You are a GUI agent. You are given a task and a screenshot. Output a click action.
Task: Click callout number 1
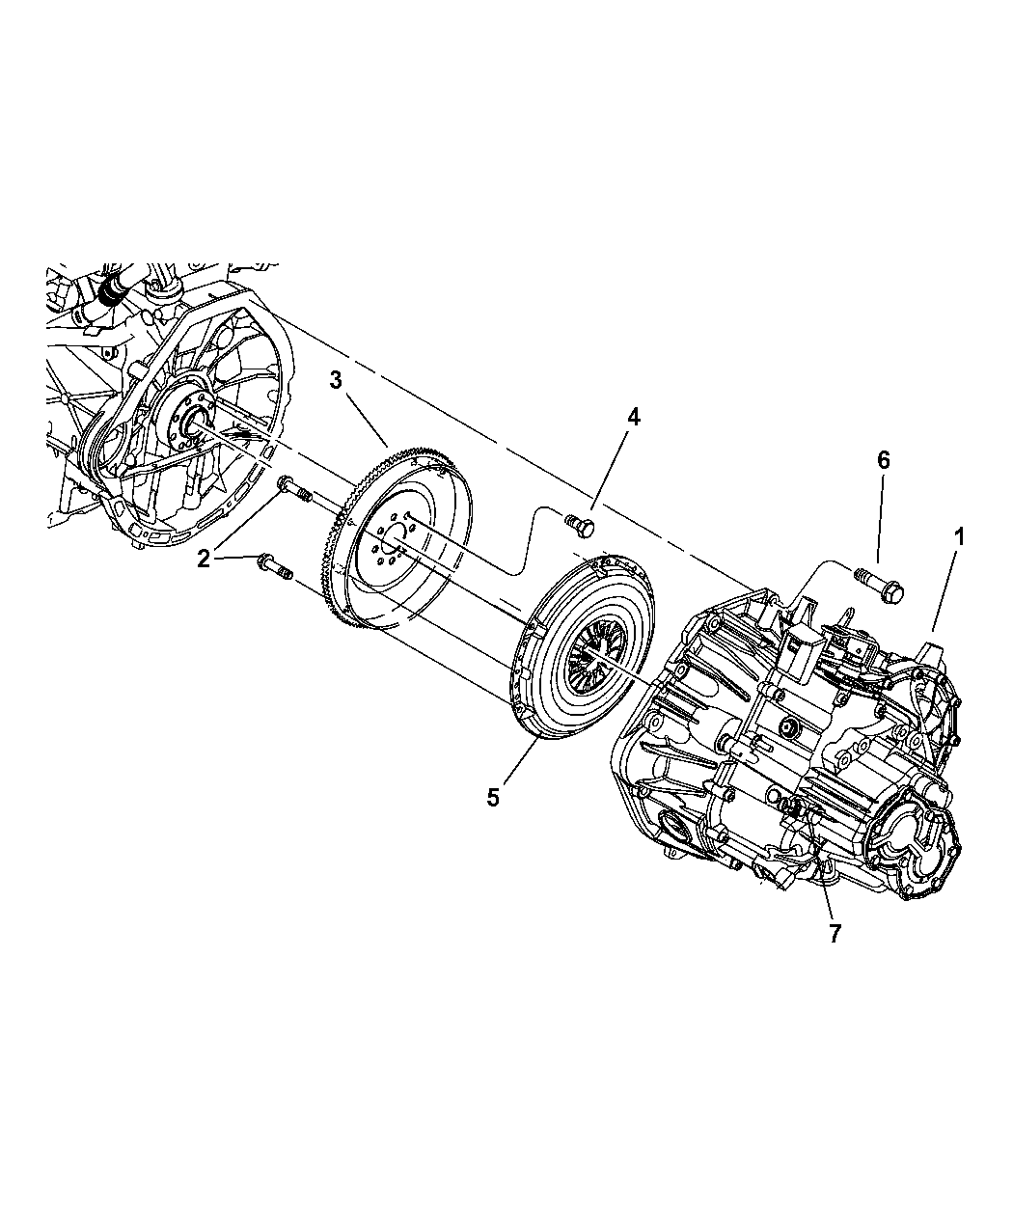959,536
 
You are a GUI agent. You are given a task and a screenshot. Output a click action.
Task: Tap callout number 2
204,559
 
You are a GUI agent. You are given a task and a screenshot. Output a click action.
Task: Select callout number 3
336,380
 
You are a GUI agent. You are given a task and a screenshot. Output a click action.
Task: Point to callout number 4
633,418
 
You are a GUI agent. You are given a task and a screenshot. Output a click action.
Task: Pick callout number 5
493,798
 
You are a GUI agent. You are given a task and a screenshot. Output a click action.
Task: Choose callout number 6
884,460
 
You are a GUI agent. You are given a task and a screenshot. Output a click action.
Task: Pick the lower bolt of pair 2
275,566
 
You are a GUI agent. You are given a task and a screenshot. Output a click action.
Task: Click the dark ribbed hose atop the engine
110,290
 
